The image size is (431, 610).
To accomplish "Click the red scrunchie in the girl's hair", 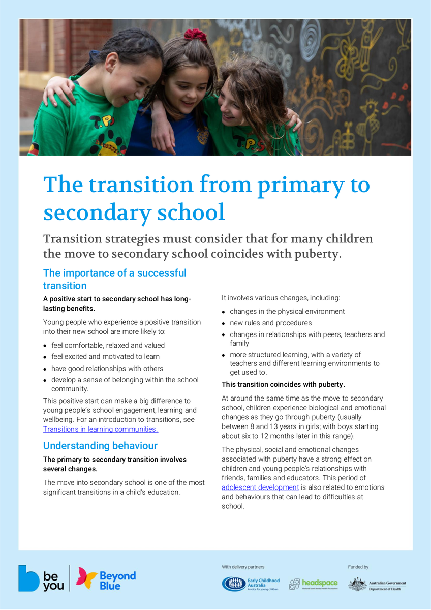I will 196,35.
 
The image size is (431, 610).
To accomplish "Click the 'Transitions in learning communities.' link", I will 100,429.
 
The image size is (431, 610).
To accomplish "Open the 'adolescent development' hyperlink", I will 260,487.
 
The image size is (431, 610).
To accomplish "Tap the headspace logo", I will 313,584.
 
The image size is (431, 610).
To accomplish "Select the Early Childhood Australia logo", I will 251,584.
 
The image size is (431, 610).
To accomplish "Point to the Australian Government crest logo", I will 358,584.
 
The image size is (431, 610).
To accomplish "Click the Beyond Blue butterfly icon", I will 87,578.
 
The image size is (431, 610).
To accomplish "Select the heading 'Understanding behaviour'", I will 100,446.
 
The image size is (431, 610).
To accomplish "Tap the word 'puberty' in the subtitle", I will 316,254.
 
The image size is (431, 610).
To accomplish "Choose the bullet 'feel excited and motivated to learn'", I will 105,357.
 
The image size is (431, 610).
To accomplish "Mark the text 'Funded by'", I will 358,567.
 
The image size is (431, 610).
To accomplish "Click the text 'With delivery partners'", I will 243,567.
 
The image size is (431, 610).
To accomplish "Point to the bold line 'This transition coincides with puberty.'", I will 283,385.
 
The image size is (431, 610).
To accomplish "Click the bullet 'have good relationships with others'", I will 107,369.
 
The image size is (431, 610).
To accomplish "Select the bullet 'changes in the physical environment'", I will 287,311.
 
